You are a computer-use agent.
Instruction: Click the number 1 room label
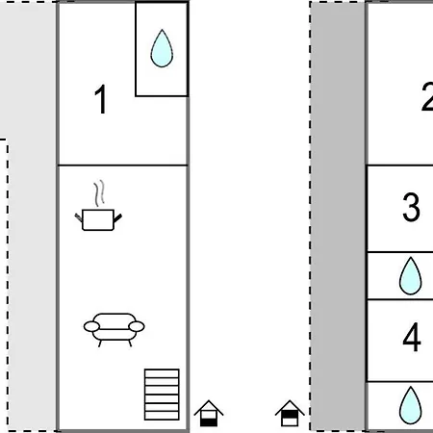pyautogui.click(x=101, y=99)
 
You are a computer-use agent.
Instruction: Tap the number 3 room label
pyautogui.click(x=411, y=207)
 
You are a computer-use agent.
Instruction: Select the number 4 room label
pyautogui.click(x=412, y=337)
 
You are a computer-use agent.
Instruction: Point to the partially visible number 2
pyautogui.click(x=427, y=96)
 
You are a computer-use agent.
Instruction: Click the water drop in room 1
pyautogui.click(x=162, y=48)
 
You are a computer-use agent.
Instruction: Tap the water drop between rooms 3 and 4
pyautogui.click(x=411, y=276)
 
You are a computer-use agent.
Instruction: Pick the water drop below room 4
pyautogui.click(x=411, y=405)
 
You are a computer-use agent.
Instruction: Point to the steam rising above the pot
pyautogui.click(x=99, y=193)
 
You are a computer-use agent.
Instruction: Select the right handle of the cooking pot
pyautogui.click(x=117, y=218)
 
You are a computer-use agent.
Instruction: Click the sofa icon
pyautogui.click(x=114, y=330)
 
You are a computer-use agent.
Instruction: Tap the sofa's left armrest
pyautogui.click(x=91, y=326)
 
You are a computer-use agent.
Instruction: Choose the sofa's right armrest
pyautogui.click(x=137, y=326)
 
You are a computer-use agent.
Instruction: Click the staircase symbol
pyautogui.click(x=162, y=395)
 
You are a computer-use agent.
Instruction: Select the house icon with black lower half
pyautogui.click(x=209, y=414)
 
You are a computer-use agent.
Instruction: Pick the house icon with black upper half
pyautogui.click(x=290, y=414)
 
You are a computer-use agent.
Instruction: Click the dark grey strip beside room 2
pyautogui.click(x=338, y=216)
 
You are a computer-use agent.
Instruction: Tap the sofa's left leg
pyautogui.click(x=100, y=344)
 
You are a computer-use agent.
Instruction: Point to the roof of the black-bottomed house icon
pyautogui.click(x=209, y=408)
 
